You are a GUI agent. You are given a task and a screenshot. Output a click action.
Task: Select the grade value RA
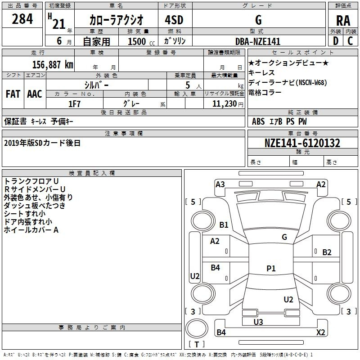343,21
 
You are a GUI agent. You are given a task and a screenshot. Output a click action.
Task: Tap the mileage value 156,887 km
53,64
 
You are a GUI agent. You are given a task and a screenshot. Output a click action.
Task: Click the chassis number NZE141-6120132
302,143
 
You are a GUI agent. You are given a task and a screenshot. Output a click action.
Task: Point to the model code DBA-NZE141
258,41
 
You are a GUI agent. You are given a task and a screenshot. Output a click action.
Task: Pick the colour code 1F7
74,103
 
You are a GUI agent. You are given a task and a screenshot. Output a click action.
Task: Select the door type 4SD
170,20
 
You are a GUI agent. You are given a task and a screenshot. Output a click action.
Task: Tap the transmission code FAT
13,94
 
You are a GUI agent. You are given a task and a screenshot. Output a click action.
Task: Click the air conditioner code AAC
35,94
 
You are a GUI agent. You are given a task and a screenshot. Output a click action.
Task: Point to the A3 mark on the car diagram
220,184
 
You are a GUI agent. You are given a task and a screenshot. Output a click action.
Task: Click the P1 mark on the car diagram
271,269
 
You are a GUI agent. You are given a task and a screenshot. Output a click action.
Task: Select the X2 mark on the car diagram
321,333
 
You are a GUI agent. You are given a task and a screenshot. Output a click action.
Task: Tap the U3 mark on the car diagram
258,322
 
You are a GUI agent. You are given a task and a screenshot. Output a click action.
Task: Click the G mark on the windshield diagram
284,237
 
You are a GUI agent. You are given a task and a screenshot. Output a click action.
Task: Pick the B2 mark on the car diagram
327,252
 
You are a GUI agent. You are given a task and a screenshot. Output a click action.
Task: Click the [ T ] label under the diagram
197,345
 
